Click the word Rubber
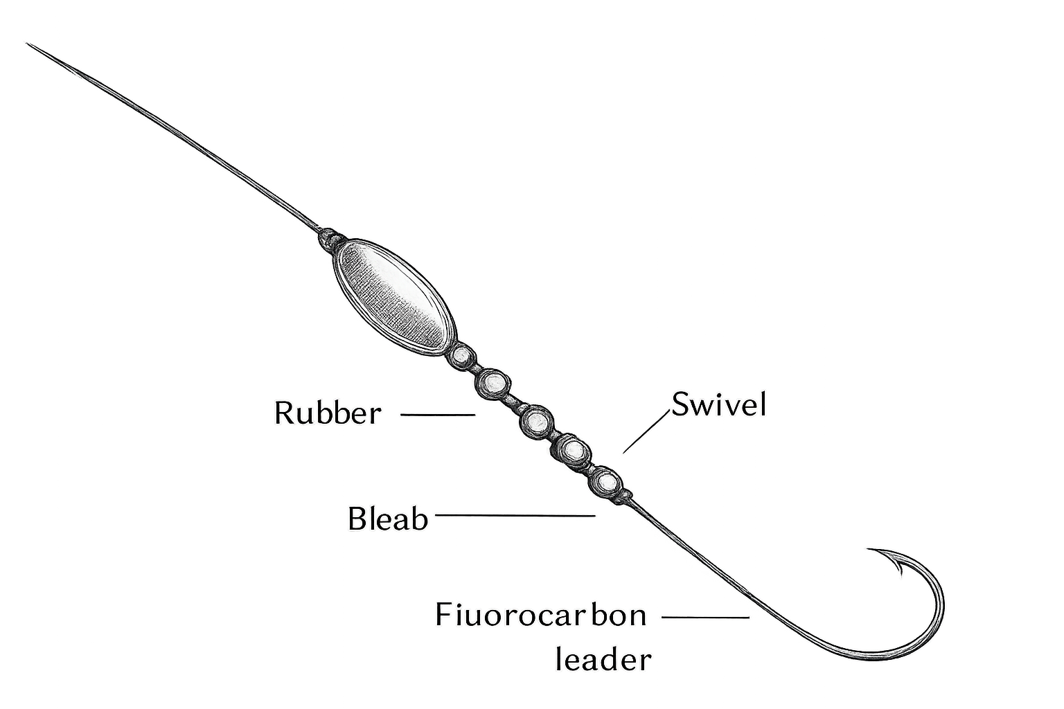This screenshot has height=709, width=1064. (x=328, y=413)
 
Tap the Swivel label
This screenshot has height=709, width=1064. (x=718, y=404)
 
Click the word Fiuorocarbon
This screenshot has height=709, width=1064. (x=541, y=616)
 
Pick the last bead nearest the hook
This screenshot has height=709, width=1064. (x=605, y=481)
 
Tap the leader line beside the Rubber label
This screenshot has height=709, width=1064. (x=438, y=415)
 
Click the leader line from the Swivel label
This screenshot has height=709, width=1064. (x=646, y=431)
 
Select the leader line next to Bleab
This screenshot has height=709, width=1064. (x=515, y=514)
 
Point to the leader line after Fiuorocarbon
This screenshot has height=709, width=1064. (x=705, y=618)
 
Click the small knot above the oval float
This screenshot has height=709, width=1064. (x=330, y=238)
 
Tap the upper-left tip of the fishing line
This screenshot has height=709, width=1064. (x=26, y=44)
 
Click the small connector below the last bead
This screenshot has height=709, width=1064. (x=622, y=496)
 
